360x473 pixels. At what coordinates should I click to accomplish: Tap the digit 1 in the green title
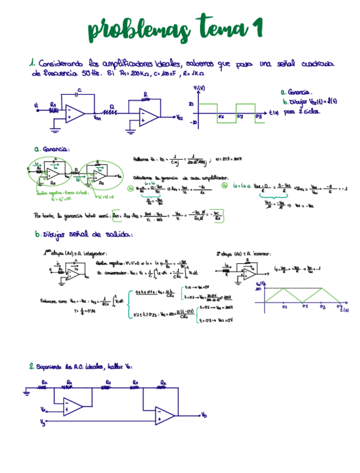click(x=256, y=28)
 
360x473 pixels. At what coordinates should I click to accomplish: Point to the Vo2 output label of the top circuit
click(x=179, y=118)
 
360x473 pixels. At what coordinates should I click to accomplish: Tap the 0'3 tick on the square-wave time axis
click(x=258, y=117)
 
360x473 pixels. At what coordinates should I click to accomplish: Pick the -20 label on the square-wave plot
click(x=193, y=122)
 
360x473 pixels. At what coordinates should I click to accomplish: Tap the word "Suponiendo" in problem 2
click(x=50, y=366)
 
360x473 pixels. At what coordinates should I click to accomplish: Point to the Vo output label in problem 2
click(x=205, y=416)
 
